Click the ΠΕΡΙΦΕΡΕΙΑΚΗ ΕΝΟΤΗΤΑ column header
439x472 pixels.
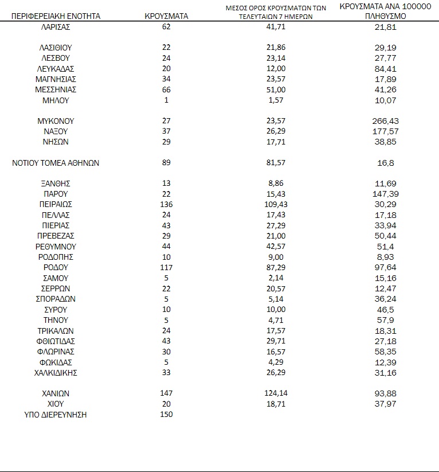pos(56,16)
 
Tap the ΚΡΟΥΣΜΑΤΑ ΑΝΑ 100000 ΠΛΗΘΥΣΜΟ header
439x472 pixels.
pos(385,11)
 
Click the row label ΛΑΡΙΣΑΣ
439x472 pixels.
pos(56,27)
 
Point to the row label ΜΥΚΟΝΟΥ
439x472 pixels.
pos(56,121)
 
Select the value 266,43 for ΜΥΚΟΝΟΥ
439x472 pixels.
pos(385,121)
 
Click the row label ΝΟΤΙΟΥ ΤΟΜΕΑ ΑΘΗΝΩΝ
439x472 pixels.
pos(56,163)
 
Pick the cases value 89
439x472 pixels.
pos(167,163)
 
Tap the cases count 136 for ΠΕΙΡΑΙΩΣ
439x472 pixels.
pos(167,204)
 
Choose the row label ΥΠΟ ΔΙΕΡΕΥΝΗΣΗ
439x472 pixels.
pos(56,414)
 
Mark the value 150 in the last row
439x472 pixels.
pos(167,414)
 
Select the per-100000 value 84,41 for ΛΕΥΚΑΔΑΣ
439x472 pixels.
pos(385,69)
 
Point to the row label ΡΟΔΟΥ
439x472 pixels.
pos(56,267)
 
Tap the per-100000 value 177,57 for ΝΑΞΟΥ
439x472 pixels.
pos(385,131)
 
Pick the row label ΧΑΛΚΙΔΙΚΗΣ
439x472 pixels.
pos(56,373)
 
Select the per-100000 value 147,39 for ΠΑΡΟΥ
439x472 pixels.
pos(385,194)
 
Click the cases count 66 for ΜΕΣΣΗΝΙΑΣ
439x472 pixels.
pos(167,89)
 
